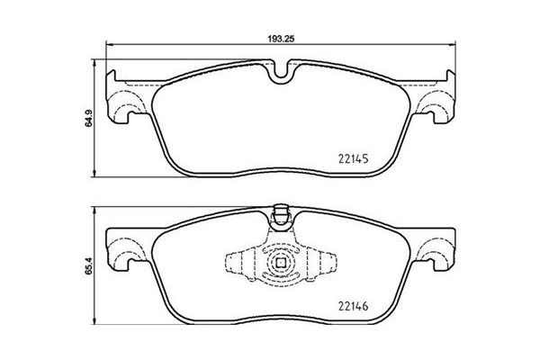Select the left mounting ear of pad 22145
click(x=124, y=102)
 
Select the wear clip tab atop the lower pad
click(x=280, y=216)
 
